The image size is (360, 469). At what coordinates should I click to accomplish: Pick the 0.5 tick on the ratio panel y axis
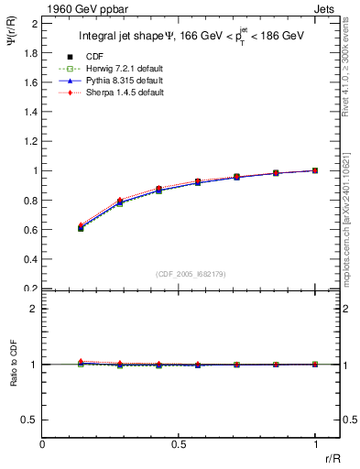pyautogui.click(x=30, y=420)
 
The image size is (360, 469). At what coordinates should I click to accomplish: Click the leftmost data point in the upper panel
pyautogui.click(x=81, y=228)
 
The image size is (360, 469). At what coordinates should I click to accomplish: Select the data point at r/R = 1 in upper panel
pyautogui.click(x=315, y=170)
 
